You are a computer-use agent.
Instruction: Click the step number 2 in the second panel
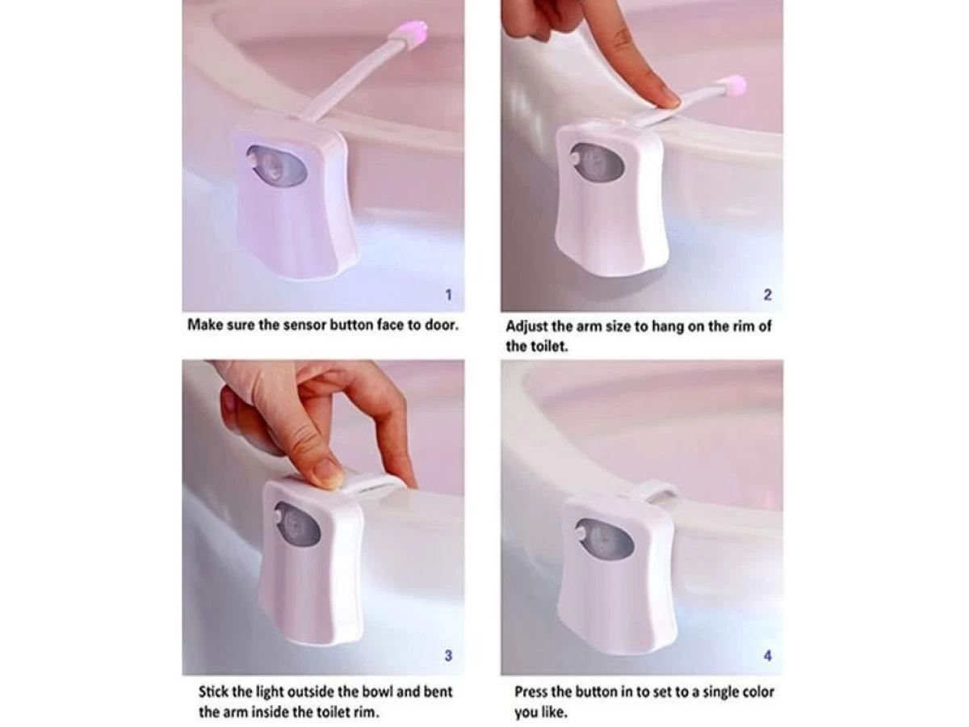767,296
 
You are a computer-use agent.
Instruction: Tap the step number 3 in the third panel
449,657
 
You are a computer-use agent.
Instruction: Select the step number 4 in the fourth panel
767,657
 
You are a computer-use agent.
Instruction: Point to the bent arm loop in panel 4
655,490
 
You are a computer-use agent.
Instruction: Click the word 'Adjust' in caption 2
526,327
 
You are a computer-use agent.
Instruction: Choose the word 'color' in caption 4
754,692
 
